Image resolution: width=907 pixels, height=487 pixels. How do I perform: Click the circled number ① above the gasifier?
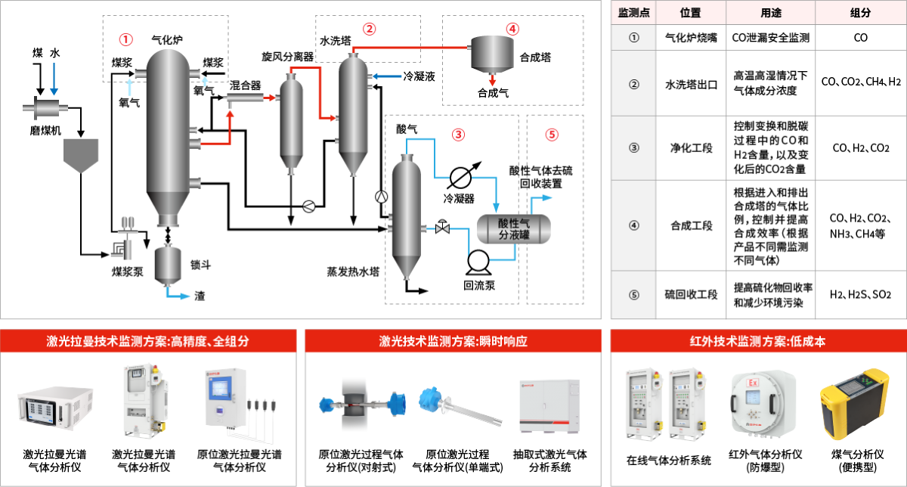[x=126, y=37]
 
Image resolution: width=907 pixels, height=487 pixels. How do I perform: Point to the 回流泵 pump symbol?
[x=478, y=262]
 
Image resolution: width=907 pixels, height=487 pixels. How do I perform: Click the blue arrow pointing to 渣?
[x=181, y=296]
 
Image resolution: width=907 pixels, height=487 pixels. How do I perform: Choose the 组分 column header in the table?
[x=860, y=12]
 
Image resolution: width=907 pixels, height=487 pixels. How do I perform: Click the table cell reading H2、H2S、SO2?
[x=860, y=294]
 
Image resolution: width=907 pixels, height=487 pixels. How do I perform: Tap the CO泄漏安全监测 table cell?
[x=770, y=37]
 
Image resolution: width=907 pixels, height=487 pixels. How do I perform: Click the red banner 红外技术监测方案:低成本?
[x=757, y=341]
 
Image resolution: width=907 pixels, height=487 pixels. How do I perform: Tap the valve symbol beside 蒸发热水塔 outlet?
[x=441, y=227]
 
